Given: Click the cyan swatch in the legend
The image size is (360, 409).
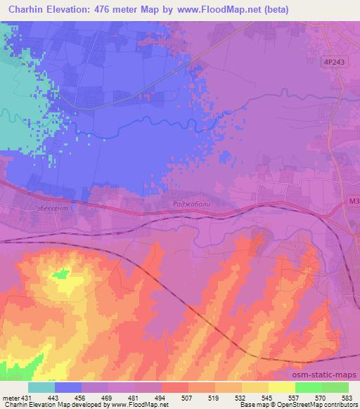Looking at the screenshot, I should point(42,387).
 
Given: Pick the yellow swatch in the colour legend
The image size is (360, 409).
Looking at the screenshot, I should point(282,387).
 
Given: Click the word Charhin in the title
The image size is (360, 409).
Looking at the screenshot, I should point(28,9).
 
